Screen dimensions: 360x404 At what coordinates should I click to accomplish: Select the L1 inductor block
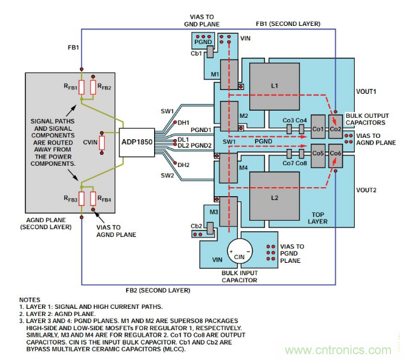pos(274,85)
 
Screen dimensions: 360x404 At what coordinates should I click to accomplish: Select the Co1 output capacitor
pos(317,128)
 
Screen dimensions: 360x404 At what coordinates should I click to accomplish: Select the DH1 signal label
pos(183,123)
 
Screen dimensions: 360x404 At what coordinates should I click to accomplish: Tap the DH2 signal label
pos(183,165)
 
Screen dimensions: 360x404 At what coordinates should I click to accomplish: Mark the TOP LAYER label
pos(317,217)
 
